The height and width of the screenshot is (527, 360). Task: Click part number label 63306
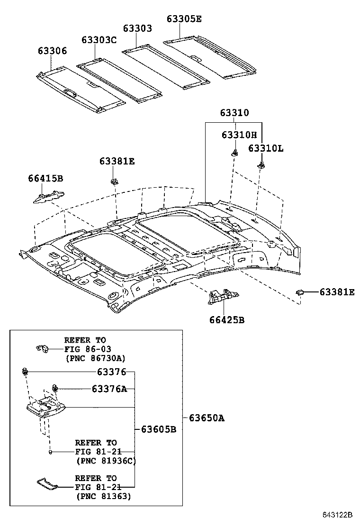pyautogui.click(x=53, y=51)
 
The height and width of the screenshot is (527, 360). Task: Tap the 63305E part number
pyautogui.click(x=184, y=18)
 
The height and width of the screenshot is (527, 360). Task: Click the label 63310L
pyautogui.click(x=266, y=148)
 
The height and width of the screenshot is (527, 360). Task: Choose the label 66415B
pyautogui.click(x=45, y=178)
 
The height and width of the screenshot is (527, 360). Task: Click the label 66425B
pyautogui.click(x=227, y=320)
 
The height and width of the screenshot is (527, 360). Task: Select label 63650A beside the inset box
pyautogui.click(x=207, y=418)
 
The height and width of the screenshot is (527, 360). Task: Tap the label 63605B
pyautogui.click(x=159, y=429)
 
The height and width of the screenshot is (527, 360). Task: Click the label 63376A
pyautogui.click(x=109, y=389)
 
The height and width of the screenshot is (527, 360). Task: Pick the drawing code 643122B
pyautogui.click(x=338, y=515)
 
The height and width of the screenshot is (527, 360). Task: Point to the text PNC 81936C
pyautogui.click(x=106, y=460)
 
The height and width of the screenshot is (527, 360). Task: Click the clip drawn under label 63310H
pyautogui.click(x=234, y=152)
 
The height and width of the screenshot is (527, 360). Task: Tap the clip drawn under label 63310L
pyautogui.click(x=261, y=165)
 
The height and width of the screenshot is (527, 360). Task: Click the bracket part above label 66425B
pyautogui.click(x=222, y=297)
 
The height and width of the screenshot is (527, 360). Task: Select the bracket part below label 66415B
pyautogui.click(x=49, y=195)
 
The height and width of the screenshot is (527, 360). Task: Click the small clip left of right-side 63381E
pyautogui.click(x=300, y=292)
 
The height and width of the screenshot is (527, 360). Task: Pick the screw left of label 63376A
pyautogui.click(x=55, y=388)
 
